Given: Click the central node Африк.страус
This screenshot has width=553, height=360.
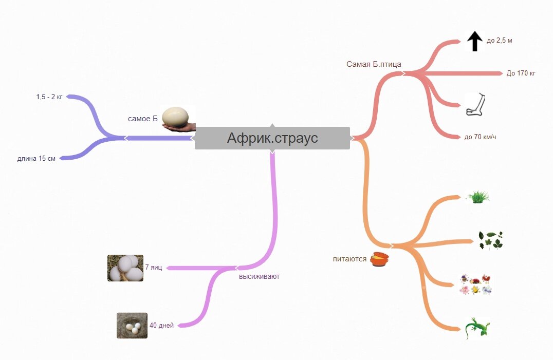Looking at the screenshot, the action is pyautogui.click(x=272, y=138).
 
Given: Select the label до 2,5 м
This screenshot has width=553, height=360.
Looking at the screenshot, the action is pyautogui.click(x=499, y=41).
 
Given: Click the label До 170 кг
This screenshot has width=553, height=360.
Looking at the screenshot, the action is pyautogui.click(x=521, y=73).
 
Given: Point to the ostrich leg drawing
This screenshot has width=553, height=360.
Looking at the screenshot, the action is pyautogui.click(x=475, y=104).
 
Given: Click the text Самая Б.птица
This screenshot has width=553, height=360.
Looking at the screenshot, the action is pyautogui.click(x=374, y=64).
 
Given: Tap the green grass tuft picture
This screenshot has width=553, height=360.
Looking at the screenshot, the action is pyautogui.click(x=477, y=197).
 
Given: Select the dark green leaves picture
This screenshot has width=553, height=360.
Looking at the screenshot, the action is pyautogui.click(x=490, y=240).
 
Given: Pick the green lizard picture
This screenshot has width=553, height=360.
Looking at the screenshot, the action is pyautogui.click(x=477, y=328).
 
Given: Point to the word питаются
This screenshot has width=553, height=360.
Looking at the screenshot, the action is pyautogui.click(x=349, y=259).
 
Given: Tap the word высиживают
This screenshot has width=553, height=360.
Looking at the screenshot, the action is pyautogui.click(x=259, y=276).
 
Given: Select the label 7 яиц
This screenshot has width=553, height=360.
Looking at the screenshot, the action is pyautogui.click(x=154, y=268).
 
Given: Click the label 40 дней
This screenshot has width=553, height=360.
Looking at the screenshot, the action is pyautogui.click(x=161, y=325).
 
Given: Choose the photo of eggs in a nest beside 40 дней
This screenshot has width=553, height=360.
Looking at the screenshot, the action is pyautogui.click(x=132, y=326).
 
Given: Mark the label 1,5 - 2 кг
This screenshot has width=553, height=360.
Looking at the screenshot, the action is pyautogui.click(x=49, y=97).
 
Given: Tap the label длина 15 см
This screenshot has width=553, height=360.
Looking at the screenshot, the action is pyautogui.click(x=36, y=158).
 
